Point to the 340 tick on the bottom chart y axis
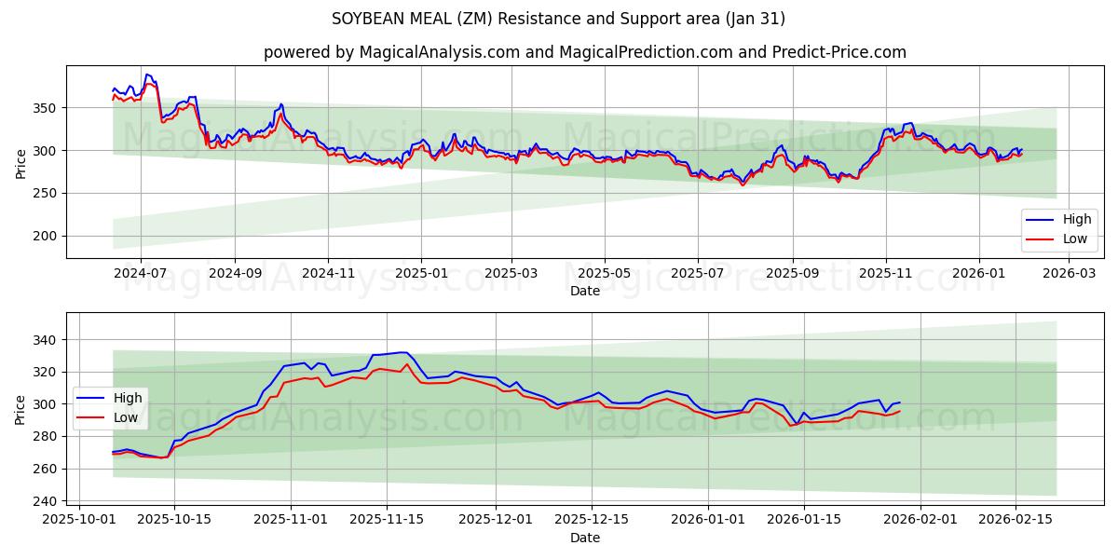[x=44, y=340]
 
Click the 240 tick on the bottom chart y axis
[x=44, y=501]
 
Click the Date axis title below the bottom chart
[x=584, y=538]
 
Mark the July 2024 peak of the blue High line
[x=146, y=75]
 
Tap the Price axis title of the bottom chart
[x=20, y=409]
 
